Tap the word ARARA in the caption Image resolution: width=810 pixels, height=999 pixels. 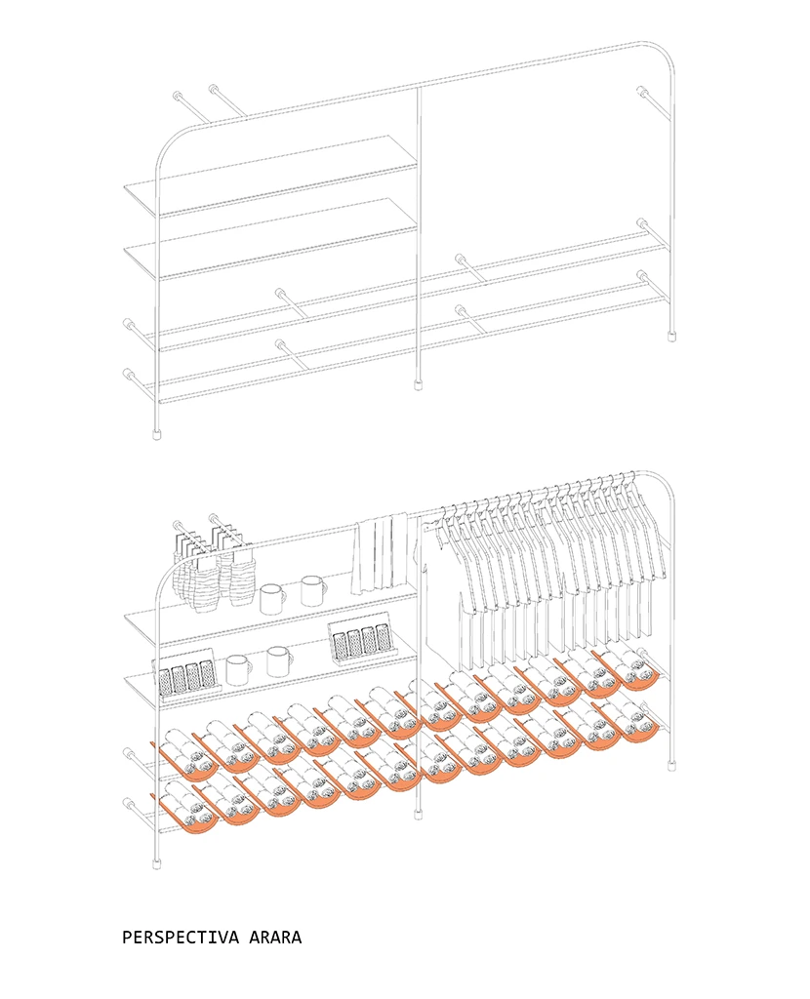click(x=275, y=938)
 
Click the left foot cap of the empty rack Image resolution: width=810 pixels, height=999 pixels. click(x=156, y=434)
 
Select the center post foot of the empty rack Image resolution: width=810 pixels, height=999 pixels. click(x=419, y=384)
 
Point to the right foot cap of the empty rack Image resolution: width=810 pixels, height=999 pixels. click(x=671, y=336)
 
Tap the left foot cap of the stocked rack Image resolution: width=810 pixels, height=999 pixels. click(x=156, y=863)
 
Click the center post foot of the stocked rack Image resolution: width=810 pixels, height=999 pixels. click(x=419, y=813)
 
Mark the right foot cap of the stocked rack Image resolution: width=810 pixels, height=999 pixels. click(x=671, y=764)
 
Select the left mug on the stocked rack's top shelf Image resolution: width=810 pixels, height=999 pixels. click(x=272, y=598)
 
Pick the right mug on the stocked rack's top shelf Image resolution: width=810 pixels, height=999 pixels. click(x=313, y=590)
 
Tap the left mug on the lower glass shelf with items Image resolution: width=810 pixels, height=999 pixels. click(x=238, y=669)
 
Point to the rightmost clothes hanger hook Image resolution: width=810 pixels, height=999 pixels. click(x=630, y=475)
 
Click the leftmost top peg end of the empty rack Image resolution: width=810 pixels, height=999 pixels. click(x=178, y=97)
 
